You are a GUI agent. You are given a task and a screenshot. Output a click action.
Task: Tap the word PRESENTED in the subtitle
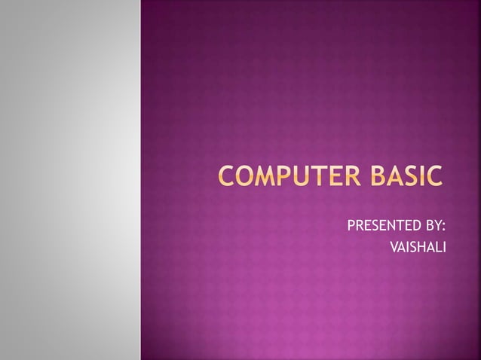coord(379,226)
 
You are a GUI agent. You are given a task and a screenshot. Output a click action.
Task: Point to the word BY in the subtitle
coord(433,226)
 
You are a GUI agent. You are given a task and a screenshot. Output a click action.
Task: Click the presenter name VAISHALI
coord(416,246)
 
